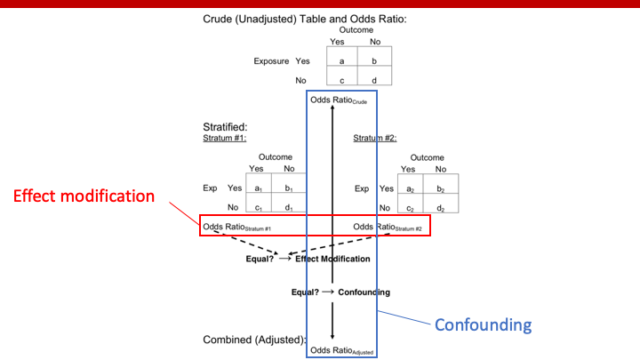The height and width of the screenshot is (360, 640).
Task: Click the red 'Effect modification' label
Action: [83, 196]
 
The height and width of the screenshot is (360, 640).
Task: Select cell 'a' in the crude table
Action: [342, 61]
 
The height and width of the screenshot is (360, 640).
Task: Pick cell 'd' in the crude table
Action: [375, 78]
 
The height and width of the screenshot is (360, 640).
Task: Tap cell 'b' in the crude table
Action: [375, 61]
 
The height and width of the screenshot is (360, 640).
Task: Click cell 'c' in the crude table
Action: [342, 78]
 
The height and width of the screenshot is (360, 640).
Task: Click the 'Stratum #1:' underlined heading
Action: [224, 138]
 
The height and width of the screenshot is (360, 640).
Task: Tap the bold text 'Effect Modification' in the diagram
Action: [332, 258]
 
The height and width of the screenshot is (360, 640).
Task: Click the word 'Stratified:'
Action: [224, 128]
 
